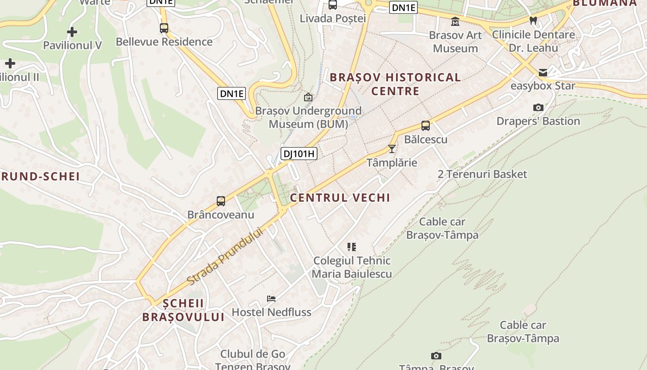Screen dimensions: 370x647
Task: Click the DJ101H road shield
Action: [299, 154]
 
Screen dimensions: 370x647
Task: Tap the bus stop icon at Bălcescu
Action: [425, 125]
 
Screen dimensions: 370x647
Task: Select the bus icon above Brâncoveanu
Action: [221, 201]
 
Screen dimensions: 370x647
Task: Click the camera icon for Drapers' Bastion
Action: [538, 107]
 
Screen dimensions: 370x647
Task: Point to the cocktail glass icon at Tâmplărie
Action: [392, 148]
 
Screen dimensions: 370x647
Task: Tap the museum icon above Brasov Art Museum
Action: [455, 21]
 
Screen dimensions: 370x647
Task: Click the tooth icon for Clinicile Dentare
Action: [533, 20]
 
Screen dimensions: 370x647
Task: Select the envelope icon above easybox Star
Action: [543, 72]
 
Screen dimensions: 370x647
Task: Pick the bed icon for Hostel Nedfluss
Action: [271, 299]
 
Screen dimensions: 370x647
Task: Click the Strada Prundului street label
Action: [225, 257]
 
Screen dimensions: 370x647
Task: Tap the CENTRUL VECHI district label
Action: [340, 198]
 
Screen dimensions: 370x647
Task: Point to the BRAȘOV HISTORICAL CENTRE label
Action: [395, 84]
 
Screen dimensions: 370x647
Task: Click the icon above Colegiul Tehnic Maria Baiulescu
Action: [352, 247]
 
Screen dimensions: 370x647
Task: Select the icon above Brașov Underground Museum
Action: [308, 97]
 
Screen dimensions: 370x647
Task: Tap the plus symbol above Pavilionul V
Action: [72, 32]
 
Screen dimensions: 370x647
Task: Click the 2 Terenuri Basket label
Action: [482, 174]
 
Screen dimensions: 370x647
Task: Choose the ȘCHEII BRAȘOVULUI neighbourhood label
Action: [183, 310]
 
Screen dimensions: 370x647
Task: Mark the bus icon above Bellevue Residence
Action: [164, 28]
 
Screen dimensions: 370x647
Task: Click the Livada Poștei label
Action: [333, 18]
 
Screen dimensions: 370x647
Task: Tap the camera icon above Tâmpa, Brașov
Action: [436, 356]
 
